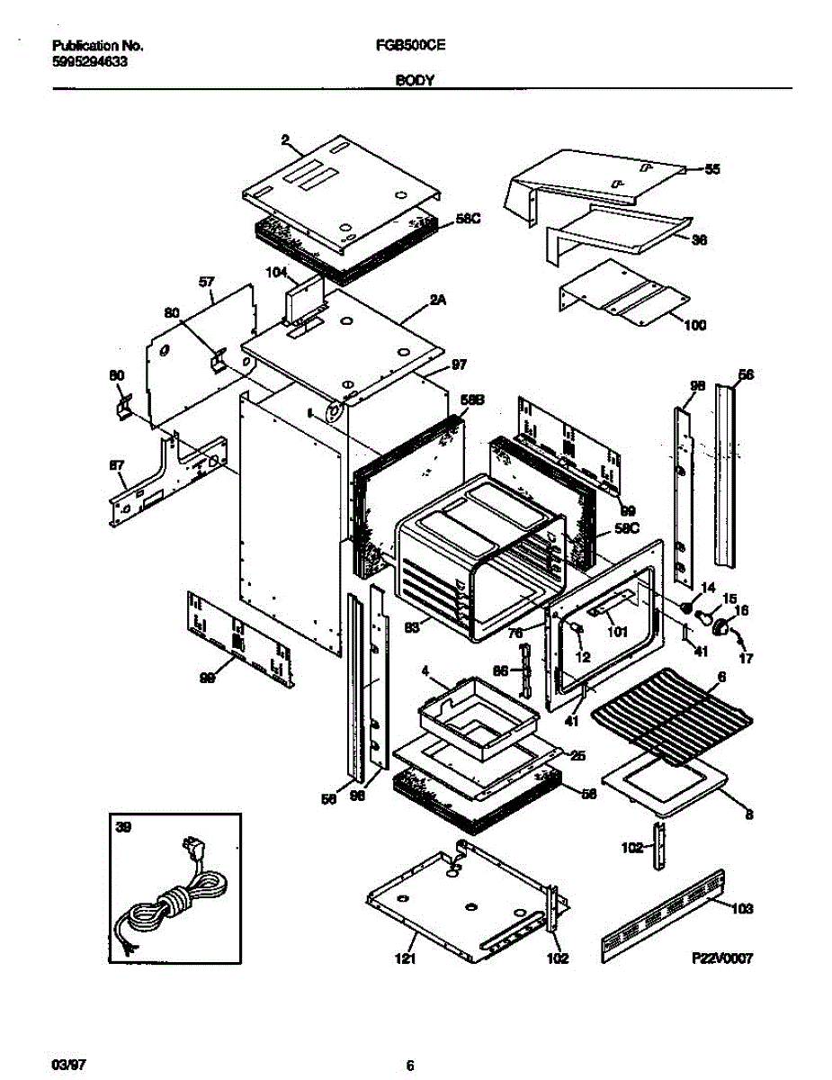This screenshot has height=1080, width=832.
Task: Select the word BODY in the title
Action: pos(415,80)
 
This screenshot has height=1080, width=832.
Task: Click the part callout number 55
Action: pos(712,169)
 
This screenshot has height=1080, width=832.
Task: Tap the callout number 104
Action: pos(274,272)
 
